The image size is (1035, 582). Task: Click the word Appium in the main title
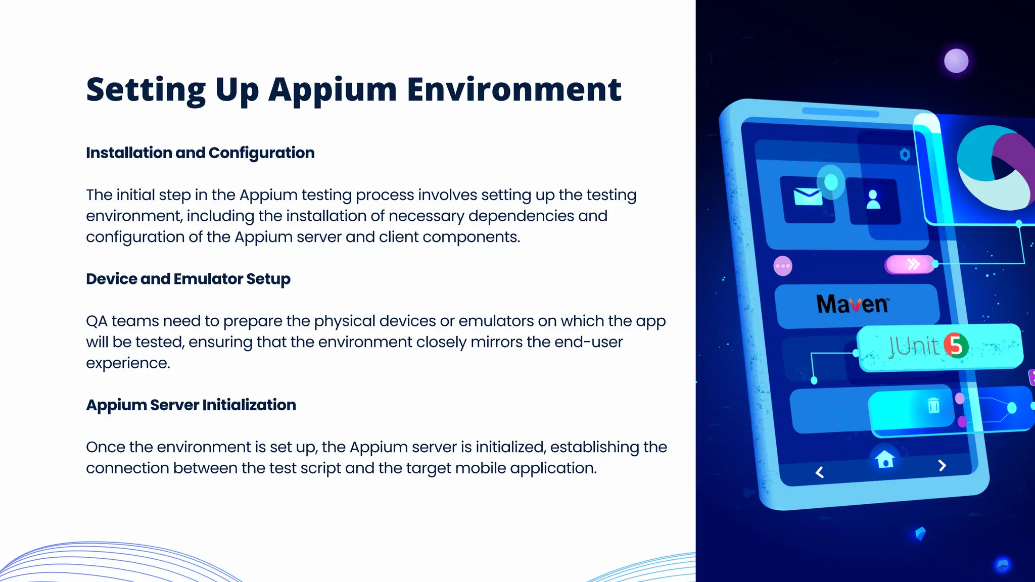click(x=333, y=90)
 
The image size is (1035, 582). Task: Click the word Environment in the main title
click(x=514, y=90)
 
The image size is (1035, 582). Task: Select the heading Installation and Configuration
click(x=200, y=153)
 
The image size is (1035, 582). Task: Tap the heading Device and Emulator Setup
click(x=188, y=279)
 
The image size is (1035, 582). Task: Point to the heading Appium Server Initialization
click(x=191, y=405)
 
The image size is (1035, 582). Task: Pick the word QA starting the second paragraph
click(x=97, y=321)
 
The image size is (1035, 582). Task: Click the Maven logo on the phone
click(x=852, y=304)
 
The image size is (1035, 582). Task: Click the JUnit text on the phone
click(x=913, y=347)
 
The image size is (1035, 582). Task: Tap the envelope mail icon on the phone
click(x=808, y=197)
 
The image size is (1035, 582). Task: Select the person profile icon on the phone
click(x=873, y=200)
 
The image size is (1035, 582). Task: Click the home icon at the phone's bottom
click(x=885, y=459)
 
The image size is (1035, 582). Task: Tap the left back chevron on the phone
click(x=820, y=472)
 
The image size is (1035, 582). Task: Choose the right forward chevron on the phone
click(x=942, y=465)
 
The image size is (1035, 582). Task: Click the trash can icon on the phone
click(x=933, y=405)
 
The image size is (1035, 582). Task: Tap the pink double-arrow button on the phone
click(x=910, y=264)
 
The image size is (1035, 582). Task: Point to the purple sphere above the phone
click(x=956, y=61)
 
